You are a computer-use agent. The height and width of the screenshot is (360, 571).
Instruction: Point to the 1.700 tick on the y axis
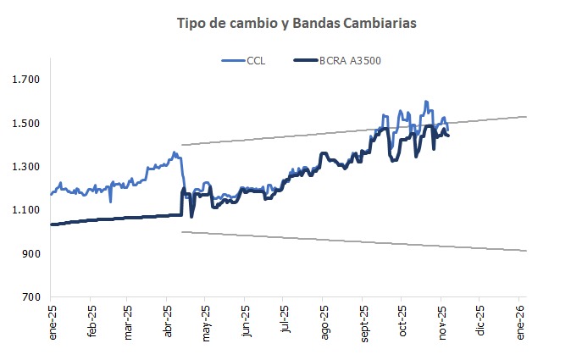pyautogui.click(x=26, y=80)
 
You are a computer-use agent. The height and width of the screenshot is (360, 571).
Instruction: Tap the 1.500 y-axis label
pyautogui.click(x=26, y=124)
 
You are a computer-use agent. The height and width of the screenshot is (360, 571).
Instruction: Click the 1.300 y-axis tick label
pyautogui.click(x=26, y=167)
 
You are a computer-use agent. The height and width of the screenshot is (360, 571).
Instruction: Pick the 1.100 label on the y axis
pyautogui.click(x=26, y=210)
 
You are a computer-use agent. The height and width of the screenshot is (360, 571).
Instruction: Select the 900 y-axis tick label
pyautogui.click(x=31, y=254)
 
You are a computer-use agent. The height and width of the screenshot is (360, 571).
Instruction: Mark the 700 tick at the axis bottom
pyautogui.click(x=31, y=297)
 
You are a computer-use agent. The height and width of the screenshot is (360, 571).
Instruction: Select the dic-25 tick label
pyautogui.click(x=480, y=323)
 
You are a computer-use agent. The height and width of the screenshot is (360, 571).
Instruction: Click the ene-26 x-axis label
pyautogui.click(x=519, y=323)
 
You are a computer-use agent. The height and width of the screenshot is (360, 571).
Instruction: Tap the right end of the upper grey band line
pyautogui.click(x=526, y=117)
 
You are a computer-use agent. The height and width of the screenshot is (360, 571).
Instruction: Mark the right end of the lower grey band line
pyautogui.click(x=526, y=251)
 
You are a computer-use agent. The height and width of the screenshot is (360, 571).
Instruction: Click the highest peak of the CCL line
pyautogui.click(x=425, y=102)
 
